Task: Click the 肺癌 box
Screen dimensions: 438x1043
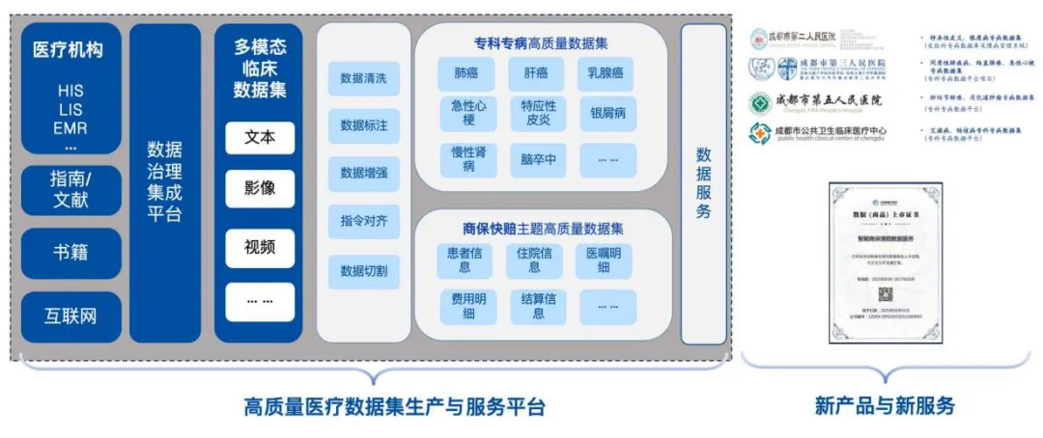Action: click(x=466, y=73)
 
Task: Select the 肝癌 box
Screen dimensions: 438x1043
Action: click(x=537, y=73)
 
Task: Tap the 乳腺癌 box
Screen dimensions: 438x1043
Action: click(x=607, y=73)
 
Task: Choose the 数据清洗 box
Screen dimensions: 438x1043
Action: click(x=364, y=78)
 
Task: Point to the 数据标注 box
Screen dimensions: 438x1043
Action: click(x=364, y=125)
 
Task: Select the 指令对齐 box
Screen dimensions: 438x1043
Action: click(x=364, y=221)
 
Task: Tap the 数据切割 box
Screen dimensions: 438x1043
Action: click(x=364, y=271)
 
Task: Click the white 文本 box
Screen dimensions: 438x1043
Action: click(x=260, y=137)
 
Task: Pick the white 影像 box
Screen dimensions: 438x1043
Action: click(x=260, y=188)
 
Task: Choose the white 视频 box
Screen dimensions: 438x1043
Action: click(x=260, y=246)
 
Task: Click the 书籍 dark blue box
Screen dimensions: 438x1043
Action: click(x=71, y=253)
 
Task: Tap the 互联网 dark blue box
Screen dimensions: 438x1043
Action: click(x=71, y=315)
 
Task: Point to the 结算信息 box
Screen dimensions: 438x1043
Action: click(x=538, y=306)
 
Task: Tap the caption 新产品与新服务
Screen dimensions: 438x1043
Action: click(x=885, y=406)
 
